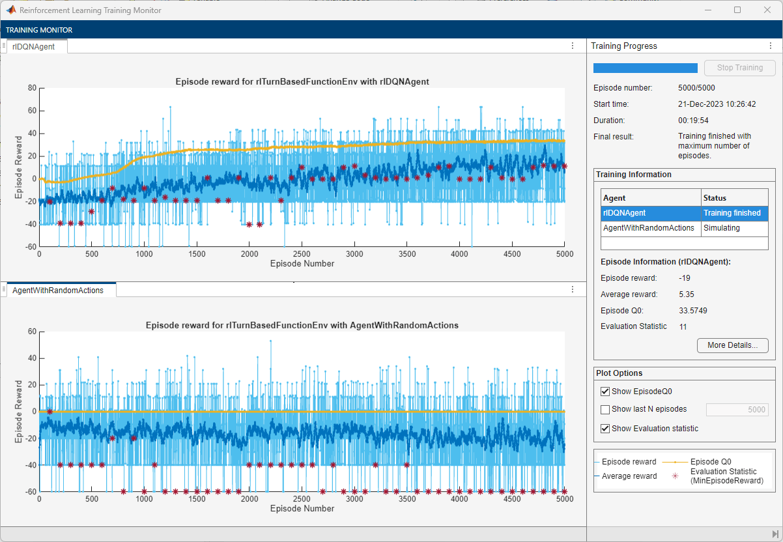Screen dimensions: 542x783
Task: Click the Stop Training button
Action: coord(740,68)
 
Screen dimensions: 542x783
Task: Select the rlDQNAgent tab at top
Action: coord(33,46)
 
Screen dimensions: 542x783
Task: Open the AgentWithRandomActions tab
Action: coord(57,291)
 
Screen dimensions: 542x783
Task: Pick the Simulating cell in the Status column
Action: coord(721,229)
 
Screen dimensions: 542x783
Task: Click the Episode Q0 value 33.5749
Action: coord(692,310)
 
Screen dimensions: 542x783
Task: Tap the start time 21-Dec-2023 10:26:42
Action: coord(717,104)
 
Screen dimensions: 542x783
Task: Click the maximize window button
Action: coord(737,10)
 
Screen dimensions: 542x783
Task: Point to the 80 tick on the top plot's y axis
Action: coord(31,88)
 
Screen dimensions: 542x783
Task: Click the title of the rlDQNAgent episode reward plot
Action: coord(302,81)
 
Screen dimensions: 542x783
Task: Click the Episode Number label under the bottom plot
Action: coord(302,508)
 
